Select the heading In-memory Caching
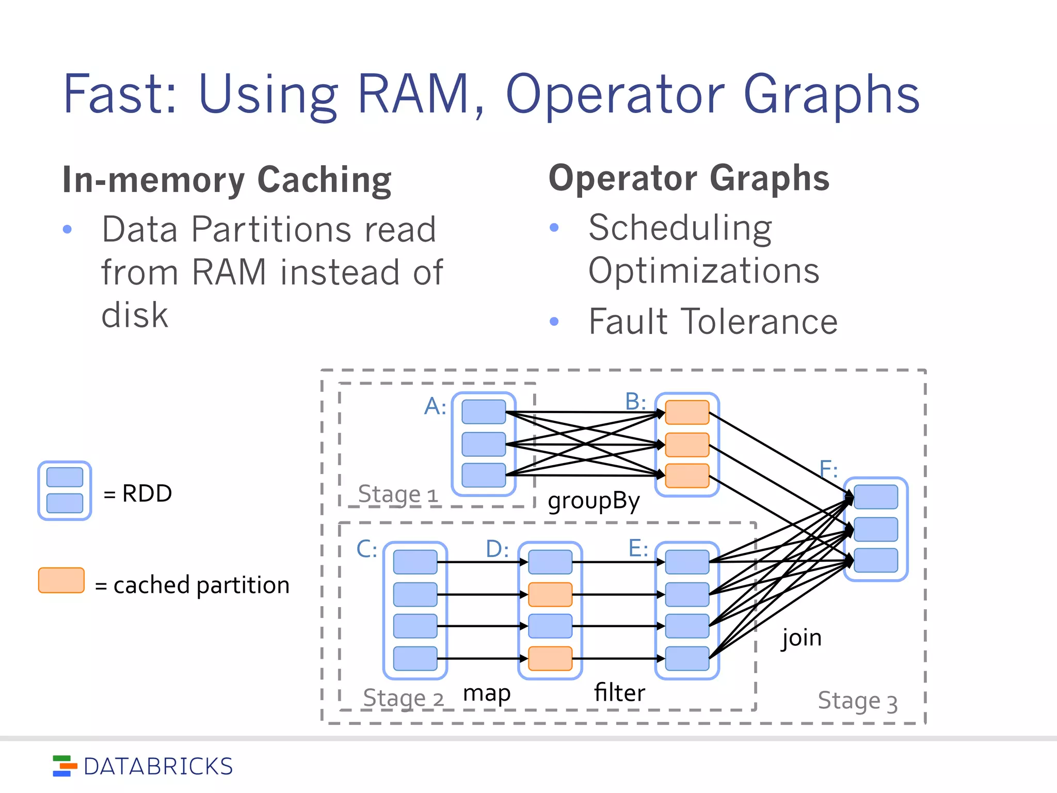(x=227, y=180)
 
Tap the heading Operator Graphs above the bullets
(x=688, y=178)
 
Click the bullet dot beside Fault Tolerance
(x=554, y=322)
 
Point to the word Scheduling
(x=680, y=228)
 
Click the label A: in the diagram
(x=435, y=407)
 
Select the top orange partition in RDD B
(x=687, y=412)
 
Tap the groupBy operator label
(x=594, y=501)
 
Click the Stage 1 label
(x=397, y=495)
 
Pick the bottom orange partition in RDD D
(x=550, y=658)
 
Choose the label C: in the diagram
(x=366, y=549)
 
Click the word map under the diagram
(x=486, y=693)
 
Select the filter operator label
(x=619, y=693)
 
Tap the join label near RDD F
(x=801, y=638)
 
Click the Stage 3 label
(x=857, y=701)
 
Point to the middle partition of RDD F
(x=875, y=529)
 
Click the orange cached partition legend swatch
(x=61, y=580)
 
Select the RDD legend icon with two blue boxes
(x=65, y=490)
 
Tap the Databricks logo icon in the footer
(x=65, y=766)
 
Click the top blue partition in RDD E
(x=687, y=562)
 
